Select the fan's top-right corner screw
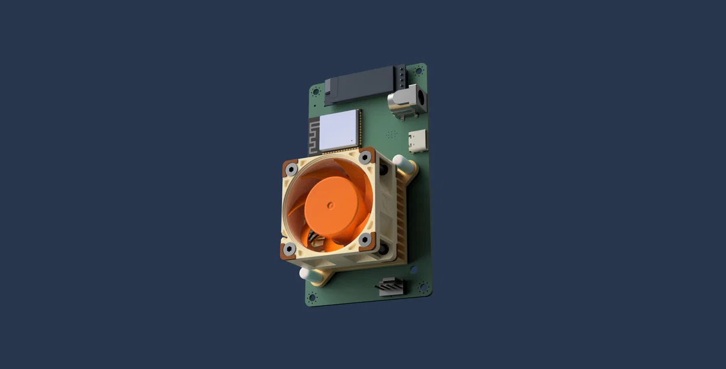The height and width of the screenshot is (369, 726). point(365,157)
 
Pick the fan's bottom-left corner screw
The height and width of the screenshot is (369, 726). point(290,250)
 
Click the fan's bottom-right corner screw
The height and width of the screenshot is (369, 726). point(365,239)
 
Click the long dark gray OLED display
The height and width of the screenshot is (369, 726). point(360,84)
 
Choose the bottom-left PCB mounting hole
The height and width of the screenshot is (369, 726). point(313,293)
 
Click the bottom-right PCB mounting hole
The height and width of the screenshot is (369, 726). point(423,288)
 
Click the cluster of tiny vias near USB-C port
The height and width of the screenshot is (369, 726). point(391,134)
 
